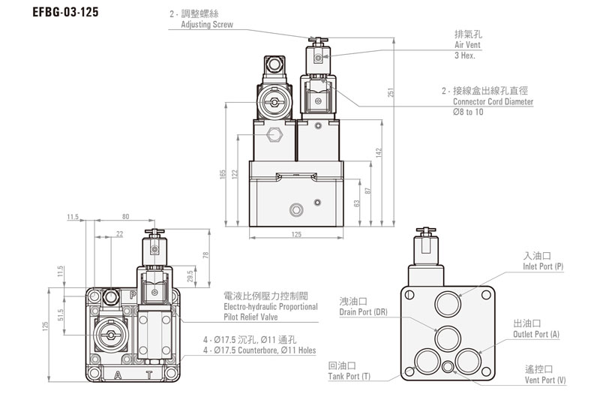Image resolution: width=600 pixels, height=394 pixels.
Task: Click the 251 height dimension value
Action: click(x=390, y=92)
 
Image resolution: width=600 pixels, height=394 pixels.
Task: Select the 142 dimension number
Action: click(x=379, y=152)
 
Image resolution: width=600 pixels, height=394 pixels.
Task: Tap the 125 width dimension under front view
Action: click(x=295, y=235)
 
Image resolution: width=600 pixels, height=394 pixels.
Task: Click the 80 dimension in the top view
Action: click(x=125, y=217)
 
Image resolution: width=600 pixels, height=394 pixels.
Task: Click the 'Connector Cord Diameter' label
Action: click(x=493, y=101)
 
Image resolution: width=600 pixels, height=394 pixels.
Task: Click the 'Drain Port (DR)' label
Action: click(x=363, y=311)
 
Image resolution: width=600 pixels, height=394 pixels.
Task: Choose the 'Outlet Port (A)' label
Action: click(x=536, y=333)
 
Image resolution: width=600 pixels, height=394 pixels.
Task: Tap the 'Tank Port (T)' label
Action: click(x=349, y=375)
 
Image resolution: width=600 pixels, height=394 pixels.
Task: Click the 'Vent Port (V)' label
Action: click(x=545, y=380)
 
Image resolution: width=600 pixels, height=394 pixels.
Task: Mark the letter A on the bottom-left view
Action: click(x=117, y=374)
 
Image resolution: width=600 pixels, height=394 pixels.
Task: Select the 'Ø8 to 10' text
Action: click(x=468, y=112)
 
